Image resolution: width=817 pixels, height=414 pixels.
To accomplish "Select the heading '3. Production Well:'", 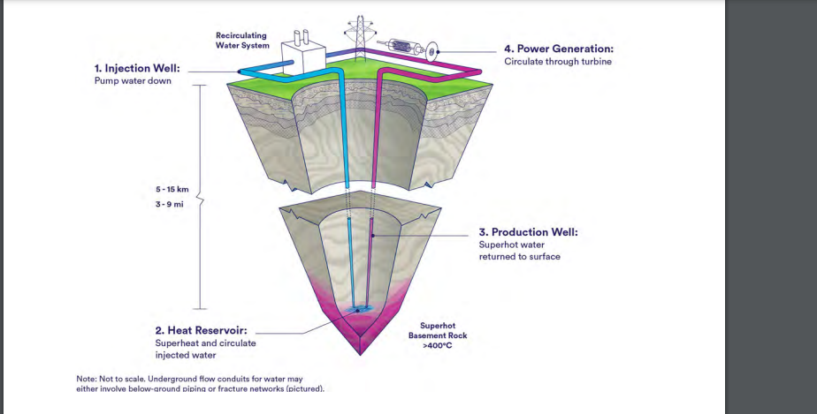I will click(528, 232).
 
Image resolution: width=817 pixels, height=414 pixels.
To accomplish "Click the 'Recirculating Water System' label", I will click(242, 40).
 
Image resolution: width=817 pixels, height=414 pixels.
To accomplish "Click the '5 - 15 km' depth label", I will click(172, 189).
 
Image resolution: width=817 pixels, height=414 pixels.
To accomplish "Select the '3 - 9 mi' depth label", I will click(170, 205).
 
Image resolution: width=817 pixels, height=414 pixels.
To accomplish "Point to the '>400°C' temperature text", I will click(437, 345).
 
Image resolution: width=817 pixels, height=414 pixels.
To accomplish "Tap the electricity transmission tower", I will click(358, 36).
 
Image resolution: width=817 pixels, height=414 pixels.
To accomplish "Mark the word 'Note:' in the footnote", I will click(87, 379).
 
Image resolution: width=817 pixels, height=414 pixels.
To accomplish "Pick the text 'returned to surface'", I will click(520, 257).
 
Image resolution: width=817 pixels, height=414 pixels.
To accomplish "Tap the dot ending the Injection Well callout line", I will click(241, 72).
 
